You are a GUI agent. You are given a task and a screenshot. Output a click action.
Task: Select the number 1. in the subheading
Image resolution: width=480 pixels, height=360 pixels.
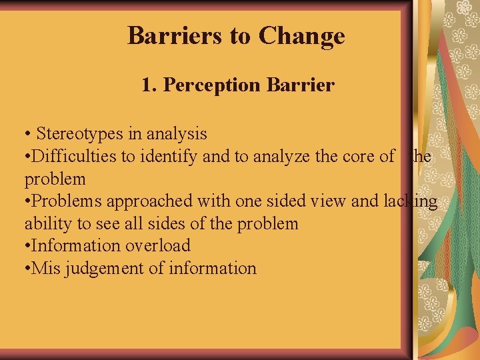[x=149, y=85]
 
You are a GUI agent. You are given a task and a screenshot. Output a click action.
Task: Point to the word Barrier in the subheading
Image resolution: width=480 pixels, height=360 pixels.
[x=299, y=85]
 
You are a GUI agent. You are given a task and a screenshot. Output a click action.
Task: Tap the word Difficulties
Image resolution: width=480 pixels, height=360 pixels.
[x=74, y=157]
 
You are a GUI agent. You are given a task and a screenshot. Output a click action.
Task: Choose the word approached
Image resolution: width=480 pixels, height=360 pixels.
[x=139, y=201]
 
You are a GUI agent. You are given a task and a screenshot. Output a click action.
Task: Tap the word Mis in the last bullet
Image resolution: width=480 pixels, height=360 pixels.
[x=43, y=268]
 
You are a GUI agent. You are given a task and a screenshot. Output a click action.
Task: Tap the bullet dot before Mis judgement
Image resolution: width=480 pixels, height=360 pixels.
[x=27, y=268]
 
